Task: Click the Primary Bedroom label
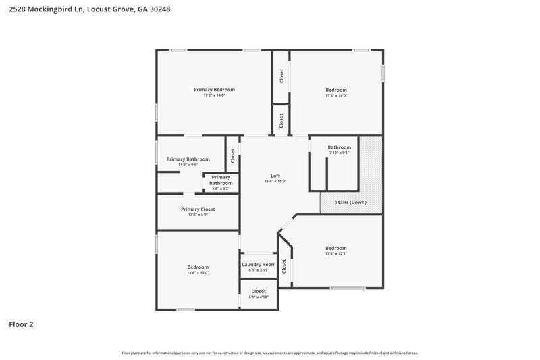[214, 90]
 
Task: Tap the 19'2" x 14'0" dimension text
[214, 95]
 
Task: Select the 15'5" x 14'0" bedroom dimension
[336, 95]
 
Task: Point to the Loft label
[275, 176]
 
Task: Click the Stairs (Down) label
[349, 202]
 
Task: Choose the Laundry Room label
[259, 264]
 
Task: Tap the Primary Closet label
[198, 209]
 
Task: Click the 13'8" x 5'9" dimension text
[198, 215]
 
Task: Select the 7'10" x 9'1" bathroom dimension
[339, 153]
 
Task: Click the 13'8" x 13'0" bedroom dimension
[198, 272]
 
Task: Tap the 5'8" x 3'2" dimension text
[221, 188]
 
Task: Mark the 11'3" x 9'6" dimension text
[188, 165]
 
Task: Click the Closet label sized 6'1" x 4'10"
[259, 291]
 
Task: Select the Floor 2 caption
[21, 324]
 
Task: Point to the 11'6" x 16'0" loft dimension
[275, 181]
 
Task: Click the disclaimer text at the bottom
[269, 353]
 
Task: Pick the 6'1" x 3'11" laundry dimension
[259, 269]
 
